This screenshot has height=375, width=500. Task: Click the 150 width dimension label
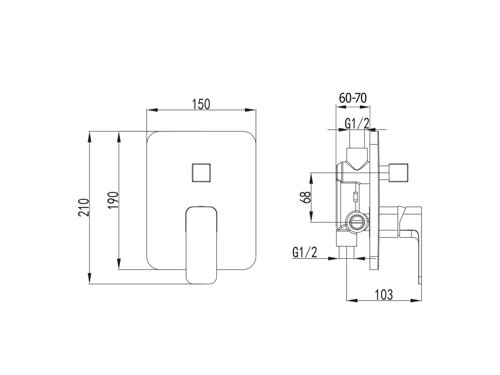[201, 104]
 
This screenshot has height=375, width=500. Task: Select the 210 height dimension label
[83, 207]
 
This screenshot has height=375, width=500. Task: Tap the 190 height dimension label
[113, 200]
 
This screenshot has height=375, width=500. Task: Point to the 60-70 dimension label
[353, 98]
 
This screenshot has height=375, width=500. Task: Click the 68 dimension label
[305, 197]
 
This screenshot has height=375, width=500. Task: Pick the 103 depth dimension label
[384, 295]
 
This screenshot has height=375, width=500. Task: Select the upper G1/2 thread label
[357, 123]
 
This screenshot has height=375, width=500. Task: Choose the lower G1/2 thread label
[305, 252]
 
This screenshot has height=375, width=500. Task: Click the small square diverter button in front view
[201, 172]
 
